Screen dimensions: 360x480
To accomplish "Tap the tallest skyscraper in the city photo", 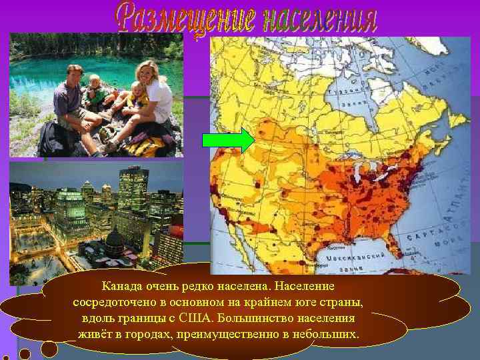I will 133,190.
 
